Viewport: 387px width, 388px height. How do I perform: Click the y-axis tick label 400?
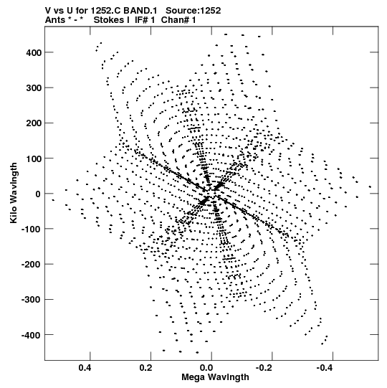coord(34,52)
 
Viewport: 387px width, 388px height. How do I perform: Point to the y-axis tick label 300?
coord(34,88)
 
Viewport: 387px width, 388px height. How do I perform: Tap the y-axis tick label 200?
coord(34,123)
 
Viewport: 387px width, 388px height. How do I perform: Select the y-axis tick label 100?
coord(34,158)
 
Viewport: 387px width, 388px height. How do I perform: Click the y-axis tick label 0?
coord(38,194)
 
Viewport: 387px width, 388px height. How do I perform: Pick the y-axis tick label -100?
coord(32,229)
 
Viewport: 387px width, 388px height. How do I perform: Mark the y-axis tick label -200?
coord(32,265)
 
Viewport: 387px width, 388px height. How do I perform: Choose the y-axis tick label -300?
coord(32,300)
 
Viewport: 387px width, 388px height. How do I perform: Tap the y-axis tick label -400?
coord(32,336)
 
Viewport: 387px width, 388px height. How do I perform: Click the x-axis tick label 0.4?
coord(85,368)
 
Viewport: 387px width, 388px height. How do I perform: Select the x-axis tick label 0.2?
coord(145,368)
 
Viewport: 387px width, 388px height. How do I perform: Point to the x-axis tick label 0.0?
coord(206,368)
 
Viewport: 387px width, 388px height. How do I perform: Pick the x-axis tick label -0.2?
coord(264,368)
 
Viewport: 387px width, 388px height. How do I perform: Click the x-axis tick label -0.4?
coord(325,368)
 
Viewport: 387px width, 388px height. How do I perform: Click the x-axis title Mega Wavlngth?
coord(215,377)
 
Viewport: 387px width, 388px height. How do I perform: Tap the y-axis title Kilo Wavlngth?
coord(14,193)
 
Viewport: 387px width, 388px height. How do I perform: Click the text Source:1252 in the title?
coord(193,11)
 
